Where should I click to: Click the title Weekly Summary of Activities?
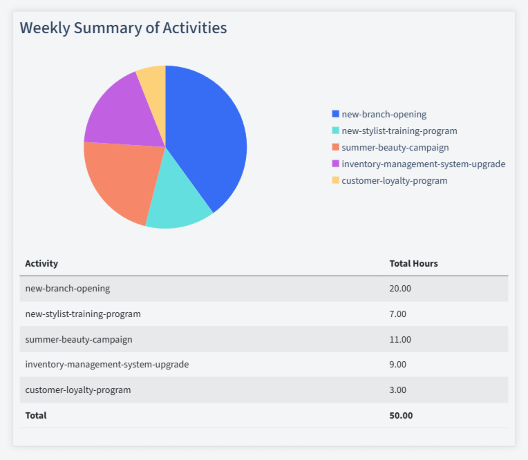(x=123, y=28)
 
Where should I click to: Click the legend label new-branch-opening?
(x=384, y=114)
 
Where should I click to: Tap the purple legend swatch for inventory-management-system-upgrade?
(x=336, y=164)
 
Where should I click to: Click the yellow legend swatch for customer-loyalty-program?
(x=336, y=180)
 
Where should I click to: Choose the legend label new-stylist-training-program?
(x=399, y=131)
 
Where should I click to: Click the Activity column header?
(x=41, y=263)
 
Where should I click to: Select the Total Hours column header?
(x=413, y=263)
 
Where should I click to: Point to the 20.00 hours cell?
(x=400, y=289)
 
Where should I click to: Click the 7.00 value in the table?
(x=398, y=314)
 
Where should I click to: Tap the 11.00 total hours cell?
(x=400, y=339)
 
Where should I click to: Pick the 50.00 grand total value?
(x=401, y=415)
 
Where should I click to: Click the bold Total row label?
(x=36, y=415)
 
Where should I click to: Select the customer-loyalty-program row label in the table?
(x=77, y=390)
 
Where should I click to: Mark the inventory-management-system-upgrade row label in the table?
(x=106, y=365)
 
